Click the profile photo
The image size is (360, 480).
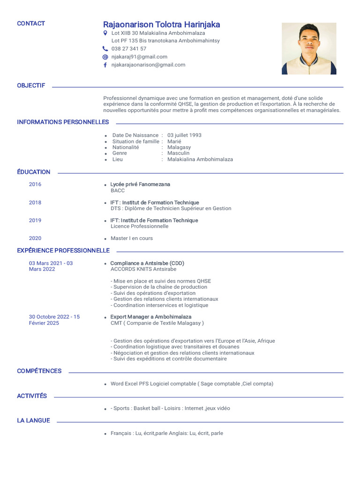tap(308, 49)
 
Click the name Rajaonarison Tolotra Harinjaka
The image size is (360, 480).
tap(161, 24)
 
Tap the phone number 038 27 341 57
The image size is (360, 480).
tap(129, 49)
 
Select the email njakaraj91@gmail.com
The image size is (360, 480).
tap(139, 57)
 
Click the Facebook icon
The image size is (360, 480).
tap(105, 65)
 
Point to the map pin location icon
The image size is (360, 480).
tap(105, 33)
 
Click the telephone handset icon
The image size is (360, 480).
tap(105, 49)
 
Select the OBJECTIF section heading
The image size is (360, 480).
tap(31, 86)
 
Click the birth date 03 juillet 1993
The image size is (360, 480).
tap(184, 135)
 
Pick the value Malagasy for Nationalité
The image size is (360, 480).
tap(179, 147)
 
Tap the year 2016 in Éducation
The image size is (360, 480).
tap(35, 184)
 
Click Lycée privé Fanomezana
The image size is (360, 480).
tap(140, 184)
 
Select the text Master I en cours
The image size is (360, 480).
tap(132, 238)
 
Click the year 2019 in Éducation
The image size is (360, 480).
tap(35, 220)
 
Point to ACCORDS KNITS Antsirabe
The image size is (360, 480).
tap(143, 269)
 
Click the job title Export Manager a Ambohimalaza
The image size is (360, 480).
tap(150, 317)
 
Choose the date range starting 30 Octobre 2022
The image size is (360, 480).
tap(54, 320)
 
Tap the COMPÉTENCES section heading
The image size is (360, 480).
tap(39, 371)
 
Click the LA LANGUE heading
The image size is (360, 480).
tap(33, 420)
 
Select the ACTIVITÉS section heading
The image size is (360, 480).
tap(32, 396)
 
